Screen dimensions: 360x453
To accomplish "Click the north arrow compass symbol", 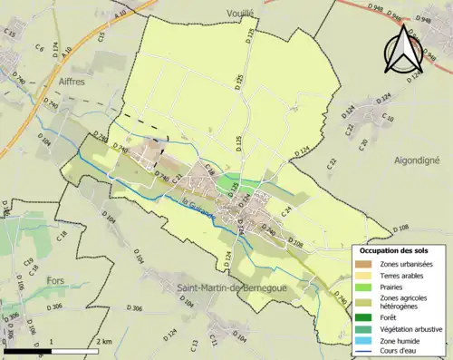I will tap(400, 50).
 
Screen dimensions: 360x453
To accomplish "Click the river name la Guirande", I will tap(198, 209).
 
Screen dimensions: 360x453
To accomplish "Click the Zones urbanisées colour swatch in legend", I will tap(363, 263).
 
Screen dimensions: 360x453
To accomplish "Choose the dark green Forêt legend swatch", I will tap(363, 317).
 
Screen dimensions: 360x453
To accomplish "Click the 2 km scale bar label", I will tap(103, 341).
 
